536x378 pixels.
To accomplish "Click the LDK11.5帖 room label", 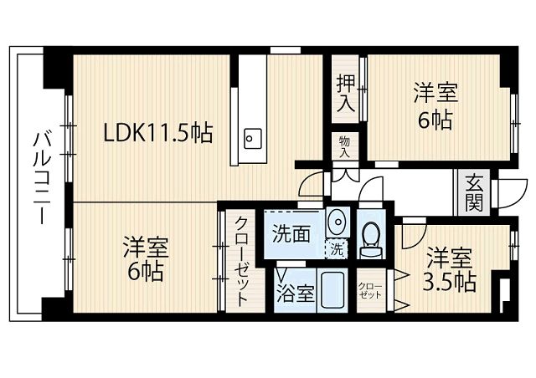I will [157, 132].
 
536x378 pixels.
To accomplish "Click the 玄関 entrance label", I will [474, 192].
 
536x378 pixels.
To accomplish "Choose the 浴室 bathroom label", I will [296, 293].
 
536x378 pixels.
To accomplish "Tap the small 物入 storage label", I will [345, 147].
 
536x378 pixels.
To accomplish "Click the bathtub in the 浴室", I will [333, 290].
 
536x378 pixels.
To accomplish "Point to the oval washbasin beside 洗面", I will [335, 223].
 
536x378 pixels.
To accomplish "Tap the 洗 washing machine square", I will [336, 248].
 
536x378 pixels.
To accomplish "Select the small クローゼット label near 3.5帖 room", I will [369, 290].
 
